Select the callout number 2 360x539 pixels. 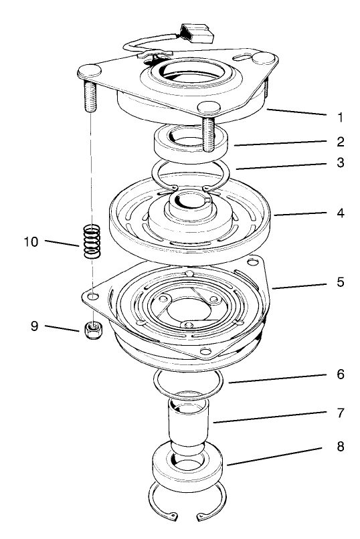pyautogui.click(x=340, y=142)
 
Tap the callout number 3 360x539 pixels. pyautogui.click(x=340, y=162)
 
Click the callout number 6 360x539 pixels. pyautogui.click(x=340, y=374)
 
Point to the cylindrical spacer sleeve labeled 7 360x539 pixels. pyautogui.click(x=189, y=428)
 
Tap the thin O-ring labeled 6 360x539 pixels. pyautogui.click(x=187, y=383)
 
